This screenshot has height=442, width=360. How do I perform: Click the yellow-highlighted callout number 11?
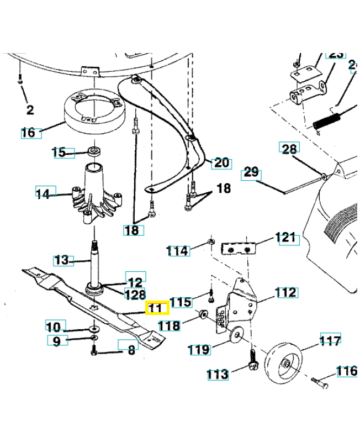(155, 308)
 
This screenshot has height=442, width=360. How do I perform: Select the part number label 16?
(28, 133)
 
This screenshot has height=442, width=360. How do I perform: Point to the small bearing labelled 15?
(94, 151)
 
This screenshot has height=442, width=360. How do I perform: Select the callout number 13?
(63, 260)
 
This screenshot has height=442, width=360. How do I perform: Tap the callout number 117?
(331, 340)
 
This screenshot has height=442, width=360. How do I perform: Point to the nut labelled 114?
(211, 242)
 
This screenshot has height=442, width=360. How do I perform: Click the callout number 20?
(221, 163)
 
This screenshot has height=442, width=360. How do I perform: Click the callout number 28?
(289, 149)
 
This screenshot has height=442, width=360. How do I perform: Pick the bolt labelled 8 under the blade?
(93, 350)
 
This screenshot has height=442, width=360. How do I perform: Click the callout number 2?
(30, 110)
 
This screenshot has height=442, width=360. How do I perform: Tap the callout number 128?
(135, 294)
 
